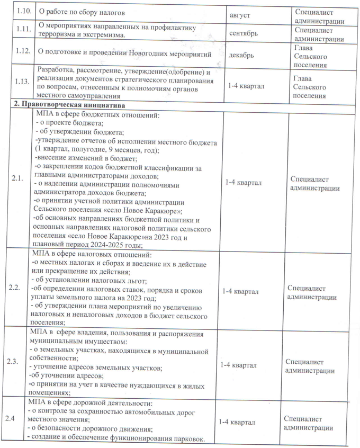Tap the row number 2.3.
[x=13, y=362]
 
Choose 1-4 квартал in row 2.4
[x=237, y=422]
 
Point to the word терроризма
[x=62, y=35]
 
